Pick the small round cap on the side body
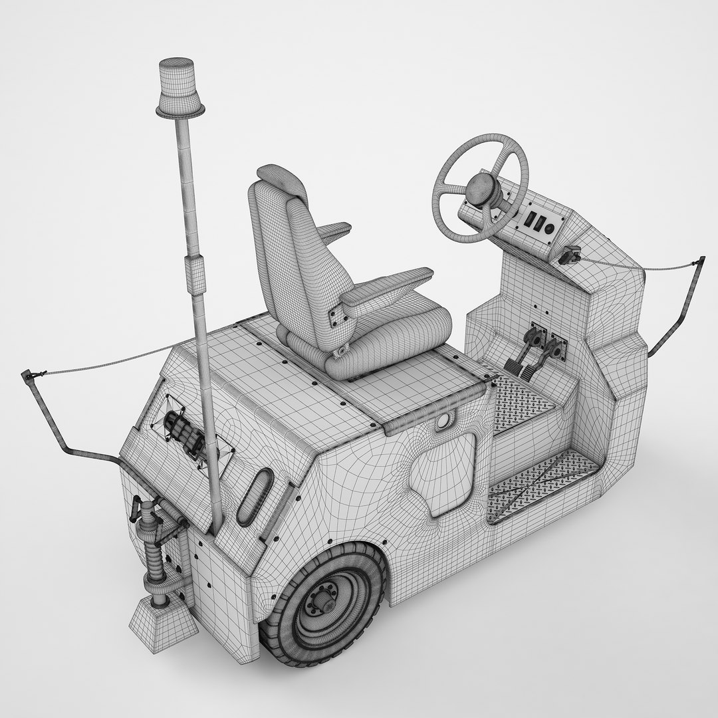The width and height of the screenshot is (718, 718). click(443, 423)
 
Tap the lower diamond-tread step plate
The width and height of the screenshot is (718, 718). click(542, 482)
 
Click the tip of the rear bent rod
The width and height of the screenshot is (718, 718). click(28, 376)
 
